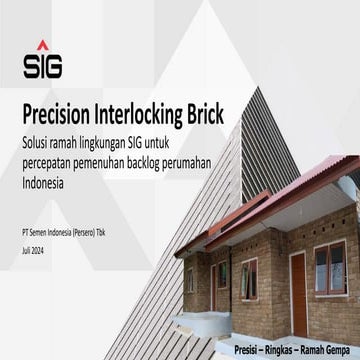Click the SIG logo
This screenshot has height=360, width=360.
[x=42, y=60]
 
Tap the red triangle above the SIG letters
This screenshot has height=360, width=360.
[x=42, y=45]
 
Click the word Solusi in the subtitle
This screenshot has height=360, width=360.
[x=38, y=136]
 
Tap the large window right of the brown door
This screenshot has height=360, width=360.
[x=331, y=262]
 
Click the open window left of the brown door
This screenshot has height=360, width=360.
[x=248, y=271]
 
